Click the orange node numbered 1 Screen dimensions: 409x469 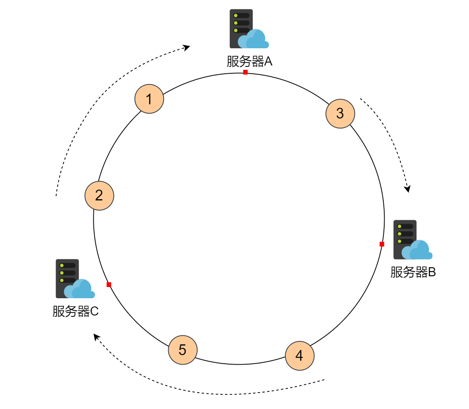(149, 99)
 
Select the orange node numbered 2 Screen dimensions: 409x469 (99, 196)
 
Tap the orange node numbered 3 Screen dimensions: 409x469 (340, 113)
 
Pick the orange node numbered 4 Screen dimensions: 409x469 (300, 356)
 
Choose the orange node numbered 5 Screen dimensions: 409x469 (182, 350)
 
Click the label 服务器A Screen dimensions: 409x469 (250, 62)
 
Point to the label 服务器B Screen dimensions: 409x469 (413, 272)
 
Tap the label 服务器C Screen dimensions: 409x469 (76, 311)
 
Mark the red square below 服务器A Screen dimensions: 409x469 (245, 72)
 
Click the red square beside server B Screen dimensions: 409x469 (382, 244)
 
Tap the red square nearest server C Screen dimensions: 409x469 (109, 284)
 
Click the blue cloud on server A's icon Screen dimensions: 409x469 (257, 39)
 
